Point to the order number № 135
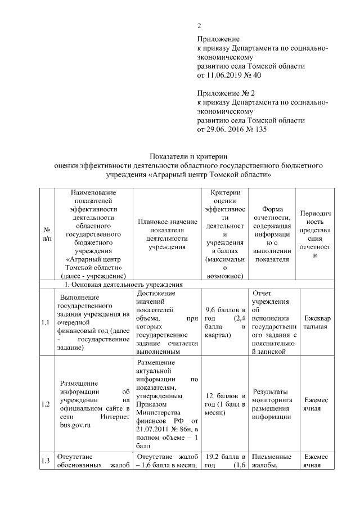point(250,129)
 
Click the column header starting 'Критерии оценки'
point(225,233)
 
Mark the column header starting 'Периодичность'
point(316,233)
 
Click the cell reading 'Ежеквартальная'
point(316,322)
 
